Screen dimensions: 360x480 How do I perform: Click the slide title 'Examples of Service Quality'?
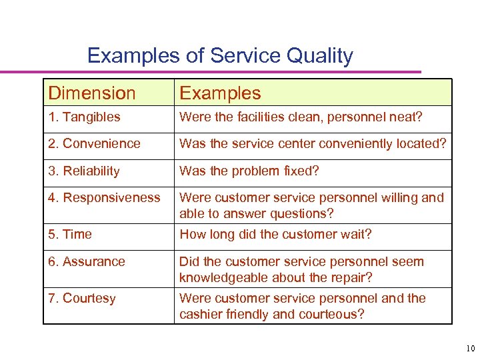(x=220, y=55)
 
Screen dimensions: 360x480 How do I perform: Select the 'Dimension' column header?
(x=92, y=93)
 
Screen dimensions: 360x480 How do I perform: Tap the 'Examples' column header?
(x=220, y=93)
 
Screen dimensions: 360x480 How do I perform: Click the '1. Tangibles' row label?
(x=84, y=117)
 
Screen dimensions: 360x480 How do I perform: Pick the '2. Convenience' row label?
(x=94, y=144)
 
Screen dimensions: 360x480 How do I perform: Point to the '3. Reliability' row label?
(x=84, y=171)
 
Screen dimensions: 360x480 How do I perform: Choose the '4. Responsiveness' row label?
(x=104, y=198)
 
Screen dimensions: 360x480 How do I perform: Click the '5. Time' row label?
(x=70, y=235)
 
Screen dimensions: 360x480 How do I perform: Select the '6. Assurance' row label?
(x=87, y=262)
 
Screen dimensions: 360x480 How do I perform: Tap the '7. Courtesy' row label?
(x=82, y=299)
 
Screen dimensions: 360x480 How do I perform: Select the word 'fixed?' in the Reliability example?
(x=300, y=171)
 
